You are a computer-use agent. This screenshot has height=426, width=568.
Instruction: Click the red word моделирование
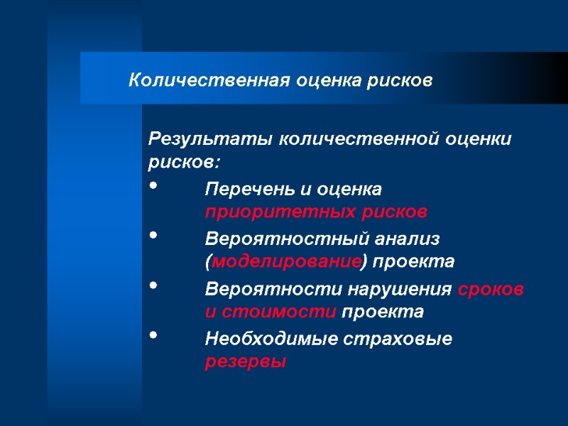286,261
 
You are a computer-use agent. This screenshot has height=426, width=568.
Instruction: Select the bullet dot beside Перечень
155,186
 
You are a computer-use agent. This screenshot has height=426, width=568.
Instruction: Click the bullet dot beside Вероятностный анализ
155,234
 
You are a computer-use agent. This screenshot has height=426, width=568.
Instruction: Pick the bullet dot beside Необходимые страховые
155,336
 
